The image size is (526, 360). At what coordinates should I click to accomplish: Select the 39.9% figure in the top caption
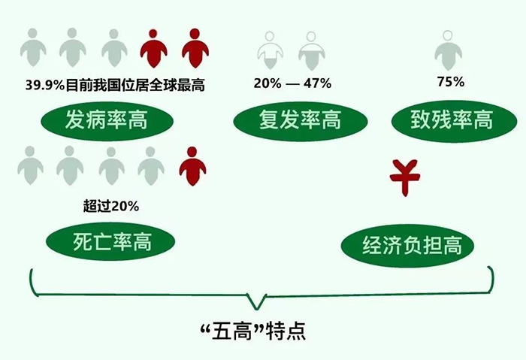pos(44,85)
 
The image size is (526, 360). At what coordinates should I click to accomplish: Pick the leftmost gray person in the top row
pos(32,47)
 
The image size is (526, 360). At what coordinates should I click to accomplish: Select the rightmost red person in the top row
pos(194,47)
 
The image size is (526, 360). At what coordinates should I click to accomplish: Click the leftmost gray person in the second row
pos(30,165)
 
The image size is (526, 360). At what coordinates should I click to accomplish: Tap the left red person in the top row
pos(153,47)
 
